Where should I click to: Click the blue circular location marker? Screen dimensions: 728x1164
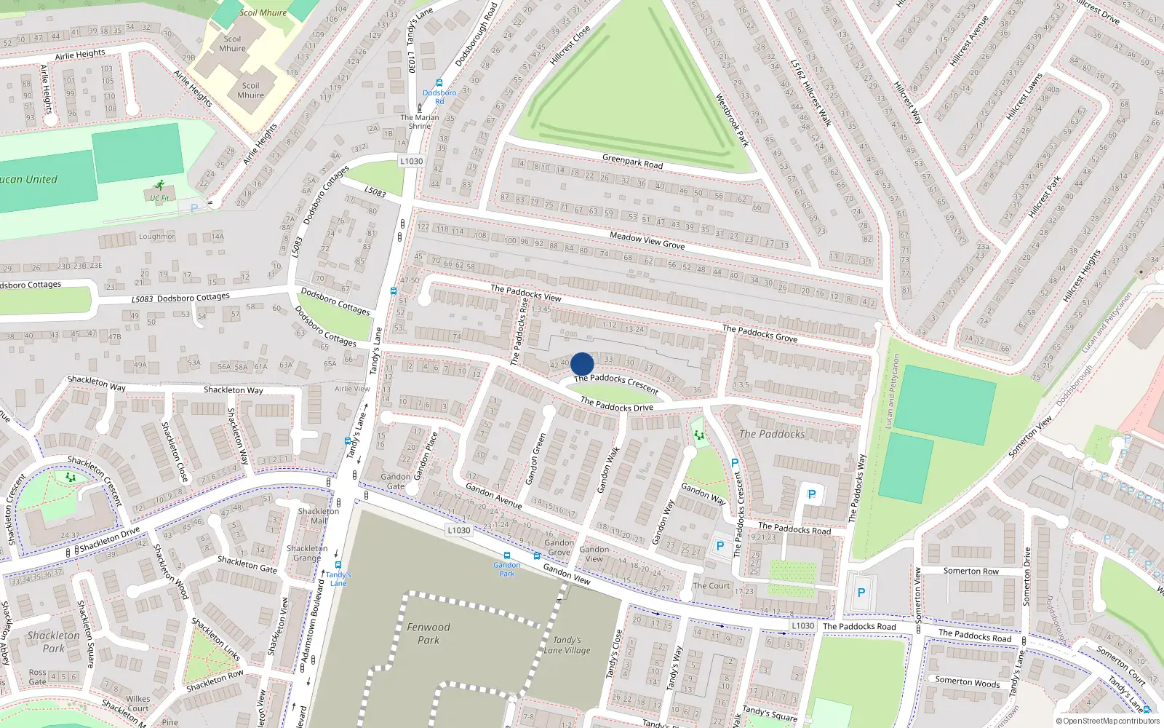(x=582, y=364)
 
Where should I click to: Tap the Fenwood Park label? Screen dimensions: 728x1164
(x=428, y=633)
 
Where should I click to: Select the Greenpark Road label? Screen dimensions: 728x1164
(x=632, y=161)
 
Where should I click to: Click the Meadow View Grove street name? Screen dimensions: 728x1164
(x=647, y=240)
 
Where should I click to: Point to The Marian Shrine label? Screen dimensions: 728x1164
(x=420, y=122)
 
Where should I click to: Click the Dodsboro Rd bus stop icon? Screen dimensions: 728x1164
(x=439, y=84)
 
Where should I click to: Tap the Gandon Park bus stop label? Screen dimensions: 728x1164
(x=506, y=569)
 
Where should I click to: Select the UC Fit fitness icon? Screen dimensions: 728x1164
(x=159, y=186)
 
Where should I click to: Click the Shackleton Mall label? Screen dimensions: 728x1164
(x=318, y=515)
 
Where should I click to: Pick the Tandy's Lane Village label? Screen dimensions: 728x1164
(x=567, y=645)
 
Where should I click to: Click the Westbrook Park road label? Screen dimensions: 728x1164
(x=732, y=120)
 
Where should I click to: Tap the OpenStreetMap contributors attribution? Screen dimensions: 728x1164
(x=1108, y=721)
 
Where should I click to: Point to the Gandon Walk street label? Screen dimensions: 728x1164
(x=608, y=470)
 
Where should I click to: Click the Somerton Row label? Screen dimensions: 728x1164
(x=970, y=571)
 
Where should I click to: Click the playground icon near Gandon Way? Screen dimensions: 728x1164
(x=699, y=435)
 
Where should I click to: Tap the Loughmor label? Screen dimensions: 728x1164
(x=156, y=237)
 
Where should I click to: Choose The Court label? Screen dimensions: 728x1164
(x=711, y=585)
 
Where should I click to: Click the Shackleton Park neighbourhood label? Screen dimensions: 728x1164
(x=54, y=641)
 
